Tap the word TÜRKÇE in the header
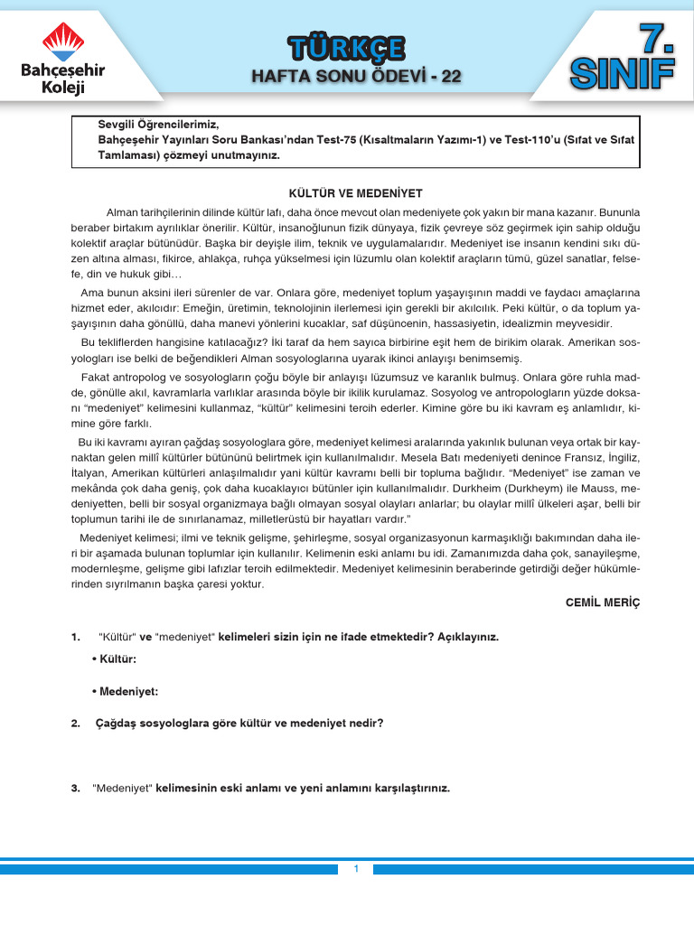tap(346, 48)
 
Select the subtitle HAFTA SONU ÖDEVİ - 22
tap(356, 77)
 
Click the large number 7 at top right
tap(655, 39)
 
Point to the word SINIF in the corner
tap(622, 74)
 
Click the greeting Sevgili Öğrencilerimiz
tap(158, 124)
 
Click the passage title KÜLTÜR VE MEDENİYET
tap(355, 193)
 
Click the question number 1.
tap(75, 637)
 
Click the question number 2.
tap(75, 723)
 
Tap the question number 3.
tap(75, 788)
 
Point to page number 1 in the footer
tap(356, 869)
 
